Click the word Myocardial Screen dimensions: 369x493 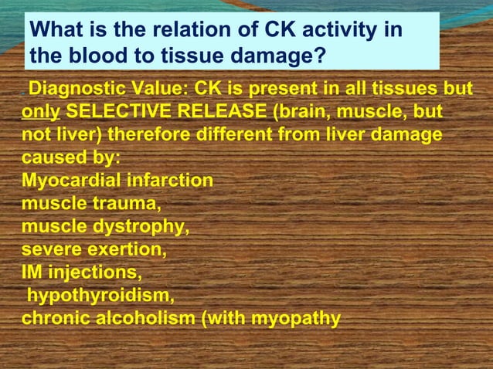70,181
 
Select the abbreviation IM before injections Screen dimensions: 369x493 32,273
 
